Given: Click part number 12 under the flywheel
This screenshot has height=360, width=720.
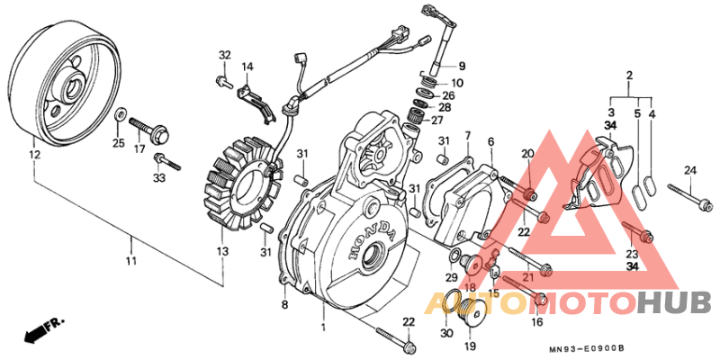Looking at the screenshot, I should tap(34, 156).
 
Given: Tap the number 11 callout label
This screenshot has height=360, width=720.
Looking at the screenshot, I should tap(131, 261).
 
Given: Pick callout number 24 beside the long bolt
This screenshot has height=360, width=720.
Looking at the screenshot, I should tap(690, 171).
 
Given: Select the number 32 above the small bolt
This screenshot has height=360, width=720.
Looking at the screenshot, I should tap(224, 56).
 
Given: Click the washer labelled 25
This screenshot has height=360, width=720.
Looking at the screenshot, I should tap(119, 115).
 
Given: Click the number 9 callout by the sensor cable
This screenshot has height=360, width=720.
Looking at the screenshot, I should tap(462, 66).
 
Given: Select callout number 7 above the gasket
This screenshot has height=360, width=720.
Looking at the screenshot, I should tap(468, 136).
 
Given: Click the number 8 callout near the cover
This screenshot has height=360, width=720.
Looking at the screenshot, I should tap(284, 306).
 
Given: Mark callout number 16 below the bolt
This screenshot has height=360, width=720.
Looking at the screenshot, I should tap(537, 322).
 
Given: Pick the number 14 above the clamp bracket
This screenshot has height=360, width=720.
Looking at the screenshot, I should tap(247, 67).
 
